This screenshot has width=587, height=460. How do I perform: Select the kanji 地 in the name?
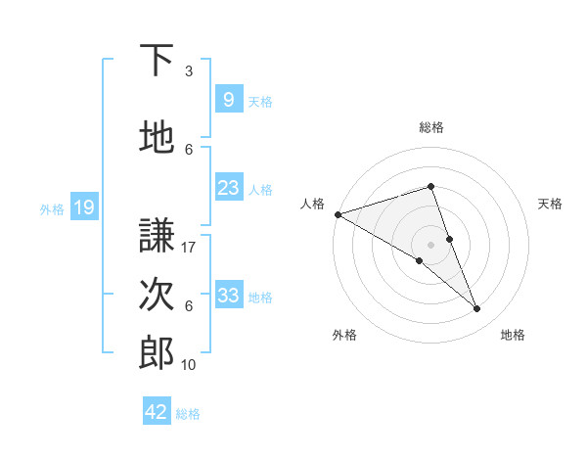coord(157,138)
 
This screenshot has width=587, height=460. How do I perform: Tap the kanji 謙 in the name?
coord(157,235)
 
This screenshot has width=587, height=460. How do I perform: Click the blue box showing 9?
coord(228,99)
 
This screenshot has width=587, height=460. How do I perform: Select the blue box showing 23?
coord(228,188)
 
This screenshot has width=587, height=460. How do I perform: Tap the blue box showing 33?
coord(228,296)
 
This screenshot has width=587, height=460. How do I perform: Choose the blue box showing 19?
coord(83,207)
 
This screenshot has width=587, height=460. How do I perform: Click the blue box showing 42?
coord(157,412)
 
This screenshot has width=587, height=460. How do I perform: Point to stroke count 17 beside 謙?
coord(189,248)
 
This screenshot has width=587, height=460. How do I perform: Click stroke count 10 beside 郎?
coord(189,364)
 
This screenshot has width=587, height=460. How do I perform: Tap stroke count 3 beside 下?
coord(189,71)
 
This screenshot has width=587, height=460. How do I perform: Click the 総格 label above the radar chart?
coord(430,127)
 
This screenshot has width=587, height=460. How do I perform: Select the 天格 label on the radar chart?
coord(550,204)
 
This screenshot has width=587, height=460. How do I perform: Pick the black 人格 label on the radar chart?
coord(311,204)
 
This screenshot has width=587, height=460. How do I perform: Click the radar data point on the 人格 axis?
coord(338,214)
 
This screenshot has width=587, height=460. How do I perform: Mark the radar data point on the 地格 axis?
coord(477,308)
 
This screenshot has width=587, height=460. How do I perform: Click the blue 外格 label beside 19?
coord(51,207)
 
